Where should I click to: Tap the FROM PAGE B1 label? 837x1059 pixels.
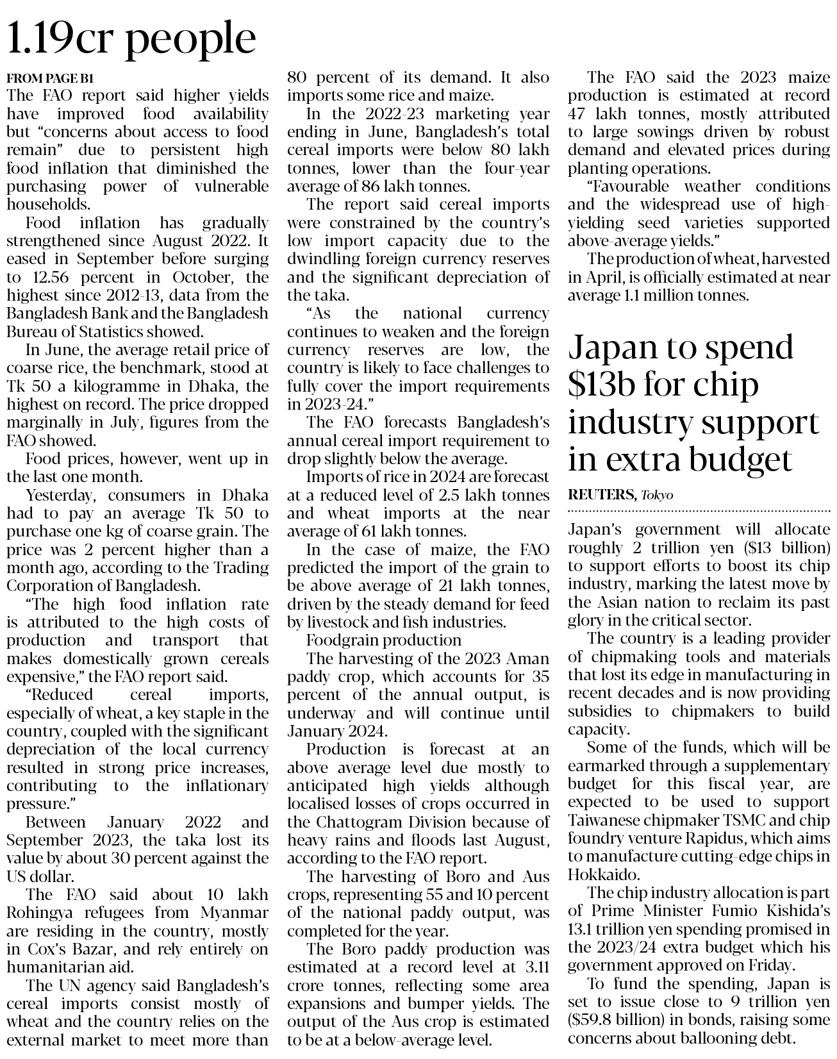[50, 78]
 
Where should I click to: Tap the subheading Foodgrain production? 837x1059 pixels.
[383, 640]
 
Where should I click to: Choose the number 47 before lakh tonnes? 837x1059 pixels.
[579, 114]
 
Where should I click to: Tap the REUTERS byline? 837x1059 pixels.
[601, 495]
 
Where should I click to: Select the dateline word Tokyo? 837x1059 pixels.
[656, 495]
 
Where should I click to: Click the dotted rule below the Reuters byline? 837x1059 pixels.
[699, 511]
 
